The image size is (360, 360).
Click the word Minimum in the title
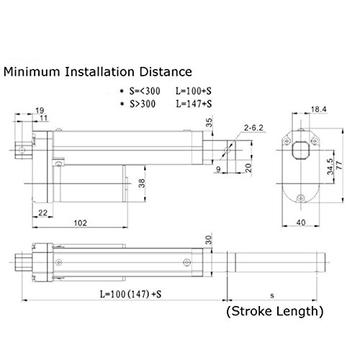point(32,72)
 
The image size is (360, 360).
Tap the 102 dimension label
point(80,223)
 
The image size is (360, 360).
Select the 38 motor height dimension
point(142,184)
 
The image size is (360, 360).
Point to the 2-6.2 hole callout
point(253,127)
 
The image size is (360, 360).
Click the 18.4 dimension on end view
point(318,109)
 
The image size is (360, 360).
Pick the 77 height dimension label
point(339,166)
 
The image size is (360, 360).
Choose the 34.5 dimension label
point(330,166)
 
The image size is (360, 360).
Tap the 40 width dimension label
point(301,222)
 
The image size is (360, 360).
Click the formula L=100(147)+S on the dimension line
point(130,294)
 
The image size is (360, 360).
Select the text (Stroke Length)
point(275,311)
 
